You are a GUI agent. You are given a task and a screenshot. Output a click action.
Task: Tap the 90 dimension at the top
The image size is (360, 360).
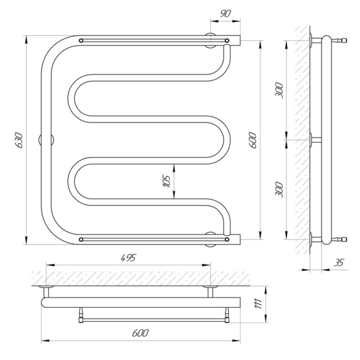point(225,14)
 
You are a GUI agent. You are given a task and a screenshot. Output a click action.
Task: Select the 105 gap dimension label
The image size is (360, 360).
point(167,181)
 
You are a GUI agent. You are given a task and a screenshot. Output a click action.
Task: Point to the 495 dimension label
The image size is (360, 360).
point(128,258)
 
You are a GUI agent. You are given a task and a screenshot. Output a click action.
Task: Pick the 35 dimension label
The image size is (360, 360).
point(339,262)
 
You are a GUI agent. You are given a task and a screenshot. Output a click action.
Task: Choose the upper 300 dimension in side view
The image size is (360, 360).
point(280,90)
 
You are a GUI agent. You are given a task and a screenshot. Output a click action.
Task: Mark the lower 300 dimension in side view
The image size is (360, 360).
point(280,190)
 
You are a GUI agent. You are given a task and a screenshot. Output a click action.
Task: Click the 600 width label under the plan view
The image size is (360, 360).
point(140,333)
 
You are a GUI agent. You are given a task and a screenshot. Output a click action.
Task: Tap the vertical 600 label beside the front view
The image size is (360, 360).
point(253,140)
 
